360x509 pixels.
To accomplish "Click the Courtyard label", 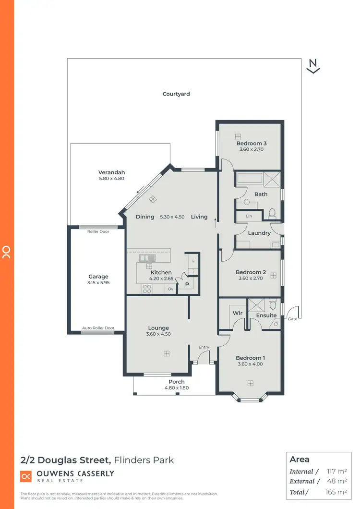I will [x=176, y=94].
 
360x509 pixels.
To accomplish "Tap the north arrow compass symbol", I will [x=313, y=66].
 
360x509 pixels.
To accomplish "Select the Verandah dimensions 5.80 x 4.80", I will [x=111, y=179].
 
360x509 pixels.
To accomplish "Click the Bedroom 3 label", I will [x=251, y=143].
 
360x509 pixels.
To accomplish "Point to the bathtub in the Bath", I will [x=249, y=179].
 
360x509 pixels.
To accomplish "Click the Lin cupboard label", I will [x=249, y=217].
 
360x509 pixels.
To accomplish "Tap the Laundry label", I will [x=259, y=233].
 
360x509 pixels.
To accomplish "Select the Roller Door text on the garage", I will [x=98, y=231].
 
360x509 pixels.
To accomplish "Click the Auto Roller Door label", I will [x=98, y=328].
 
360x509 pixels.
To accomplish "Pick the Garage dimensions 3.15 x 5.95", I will [x=98, y=283].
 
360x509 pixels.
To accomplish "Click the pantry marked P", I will [x=187, y=285].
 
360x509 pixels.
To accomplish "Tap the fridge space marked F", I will [x=193, y=261].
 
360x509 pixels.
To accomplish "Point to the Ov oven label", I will [x=170, y=289].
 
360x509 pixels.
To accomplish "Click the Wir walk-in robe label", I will [x=237, y=313].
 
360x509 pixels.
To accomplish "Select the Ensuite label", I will [x=266, y=315].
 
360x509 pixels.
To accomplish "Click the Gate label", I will [x=292, y=318].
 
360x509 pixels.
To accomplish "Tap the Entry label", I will [x=204, y=347].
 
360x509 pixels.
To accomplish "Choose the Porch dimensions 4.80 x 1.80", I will [x=176, y=388].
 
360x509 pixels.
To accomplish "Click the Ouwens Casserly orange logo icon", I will [x=25, y=476].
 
